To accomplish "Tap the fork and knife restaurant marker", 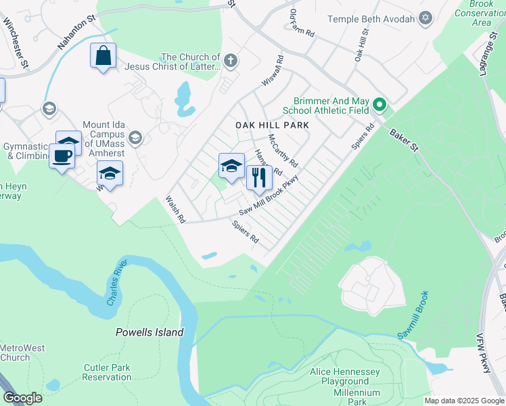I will pos(258,177).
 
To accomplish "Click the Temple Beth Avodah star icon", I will pos(425,18).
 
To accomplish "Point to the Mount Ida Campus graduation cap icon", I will pos(135,138).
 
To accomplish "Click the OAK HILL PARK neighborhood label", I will pos(272,125).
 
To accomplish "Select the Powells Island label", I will pos(149,332).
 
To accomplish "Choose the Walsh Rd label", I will pos(175,210).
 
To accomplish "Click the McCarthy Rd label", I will pos(283,150).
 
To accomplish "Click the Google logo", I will pos(23,398).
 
